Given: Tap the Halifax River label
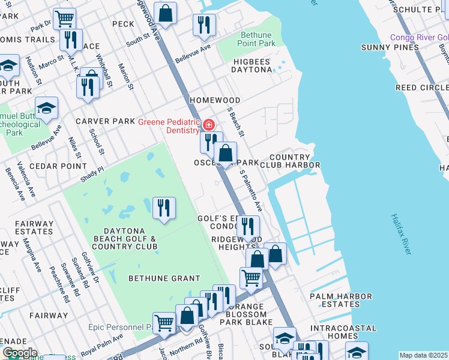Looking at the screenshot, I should [400, 233].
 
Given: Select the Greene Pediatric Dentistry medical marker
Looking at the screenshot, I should [208, 125].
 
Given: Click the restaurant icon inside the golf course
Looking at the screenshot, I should [164, 208].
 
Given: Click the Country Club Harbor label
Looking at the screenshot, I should [294, 161].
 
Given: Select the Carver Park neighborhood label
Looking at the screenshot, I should [105, 121].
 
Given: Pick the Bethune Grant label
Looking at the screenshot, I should [164, 278].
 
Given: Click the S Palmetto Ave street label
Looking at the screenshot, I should [251, 190].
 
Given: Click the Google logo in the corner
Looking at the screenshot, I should [19, 353].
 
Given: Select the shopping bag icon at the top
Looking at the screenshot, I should [165, 13].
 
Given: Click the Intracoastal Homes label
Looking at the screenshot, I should [343, 332].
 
